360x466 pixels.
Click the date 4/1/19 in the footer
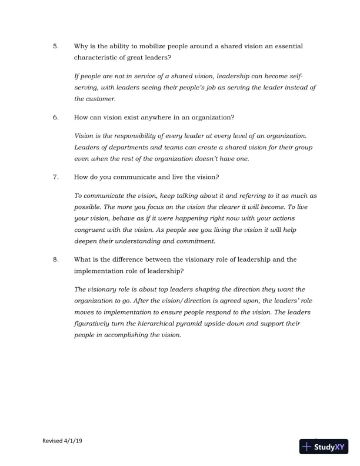click(x=74, y=441)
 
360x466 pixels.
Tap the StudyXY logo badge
click(x=325, y=447)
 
